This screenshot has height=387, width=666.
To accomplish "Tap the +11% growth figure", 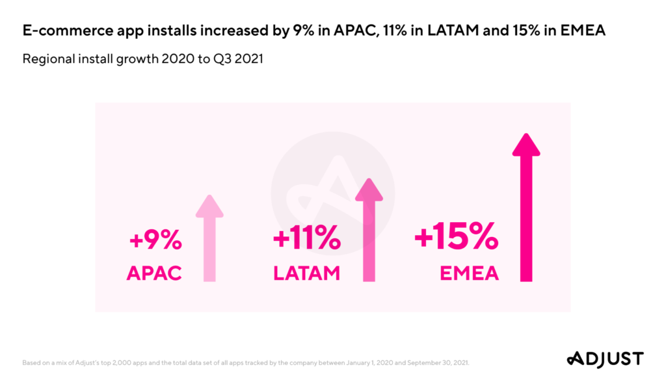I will (x=307, y=240).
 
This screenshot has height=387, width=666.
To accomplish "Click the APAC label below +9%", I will (x=154, y=273).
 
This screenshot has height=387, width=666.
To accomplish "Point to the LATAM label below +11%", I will (x=307, y=273).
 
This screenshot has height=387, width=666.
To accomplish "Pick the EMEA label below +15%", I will (x=470, y=273).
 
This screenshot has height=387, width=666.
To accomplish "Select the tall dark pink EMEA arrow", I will (x=526, y=208).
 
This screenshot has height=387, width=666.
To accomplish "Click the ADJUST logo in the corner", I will (x=604, y=358).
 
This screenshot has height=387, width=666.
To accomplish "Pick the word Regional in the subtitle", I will (x=46, y=59).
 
